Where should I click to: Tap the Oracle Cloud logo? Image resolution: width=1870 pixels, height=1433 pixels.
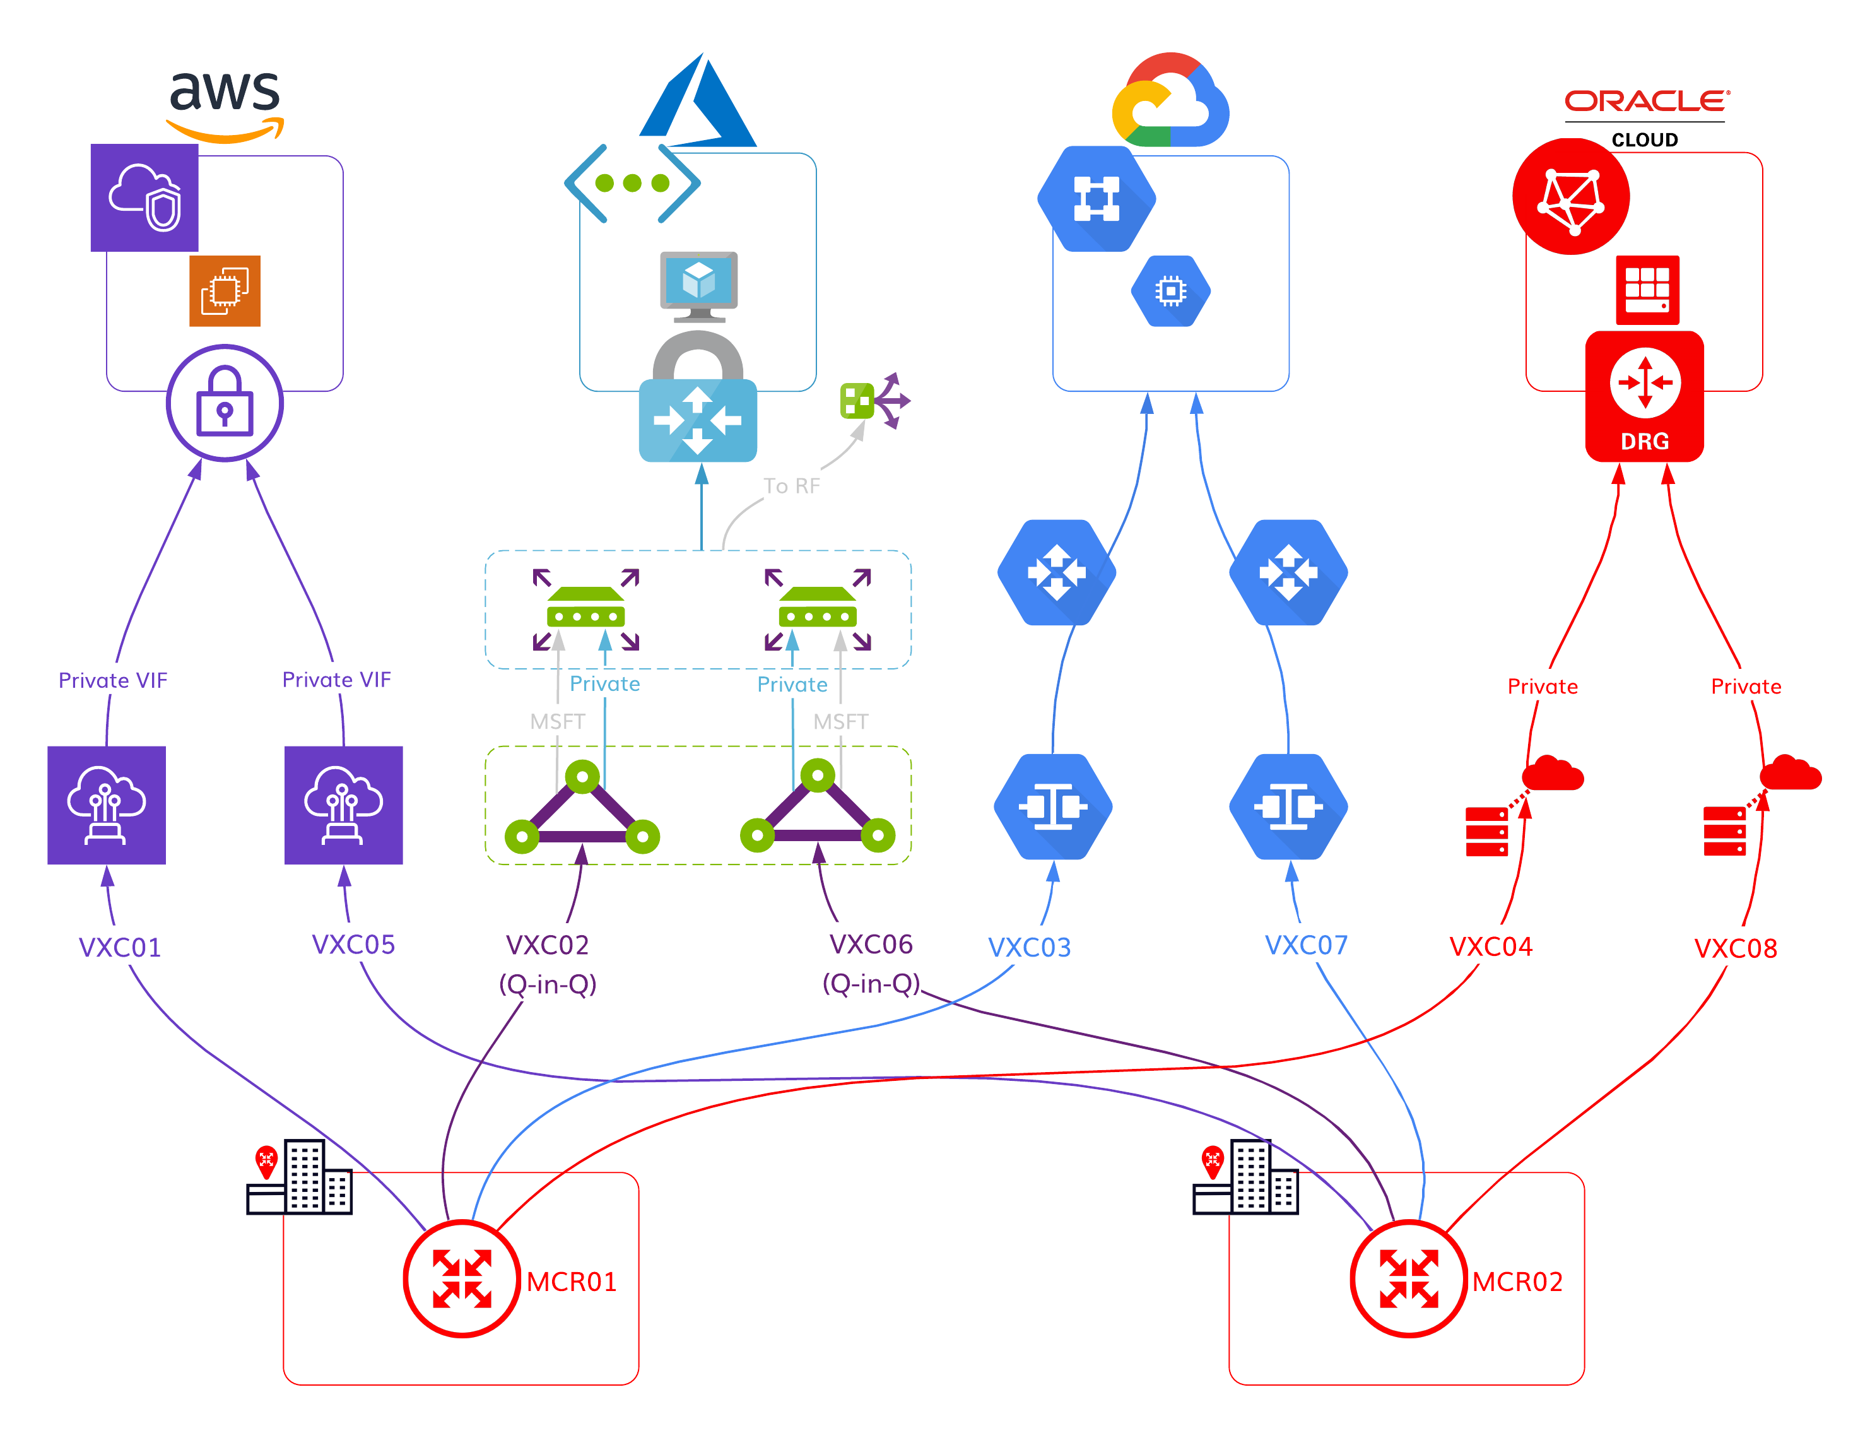pyautogui.click(x=1646, y=118)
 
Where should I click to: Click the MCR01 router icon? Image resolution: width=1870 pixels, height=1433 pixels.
pyautogui.click(x=461, y=1278)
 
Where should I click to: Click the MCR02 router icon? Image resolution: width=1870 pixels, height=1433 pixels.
pyautogui.click(x=1409, y=1278)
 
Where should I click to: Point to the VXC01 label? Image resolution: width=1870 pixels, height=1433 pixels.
pyautogui.click(x=119, y=948)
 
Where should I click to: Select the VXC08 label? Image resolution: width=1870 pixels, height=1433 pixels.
pyautogui.click(x=1734, y=948)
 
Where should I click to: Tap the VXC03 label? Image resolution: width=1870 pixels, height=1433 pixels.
pyautogui.click(x=1029, y=948)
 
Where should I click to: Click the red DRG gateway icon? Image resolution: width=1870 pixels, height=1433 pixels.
pyautogui.click(x=1644, y=397)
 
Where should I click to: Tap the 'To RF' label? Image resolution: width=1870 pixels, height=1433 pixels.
pyautogui.click(x=791, y=487)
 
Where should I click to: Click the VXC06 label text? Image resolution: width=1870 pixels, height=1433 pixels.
pyautogui.click(x=871, y=944)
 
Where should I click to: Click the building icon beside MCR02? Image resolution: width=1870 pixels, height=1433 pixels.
pyautogui.click(x=1246, y=1176)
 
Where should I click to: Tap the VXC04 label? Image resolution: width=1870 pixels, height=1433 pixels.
pyautogui.click(x=1491, y=946)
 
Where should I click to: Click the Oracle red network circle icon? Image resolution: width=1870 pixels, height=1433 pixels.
pyautogui.click(x=1571, y=196)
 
